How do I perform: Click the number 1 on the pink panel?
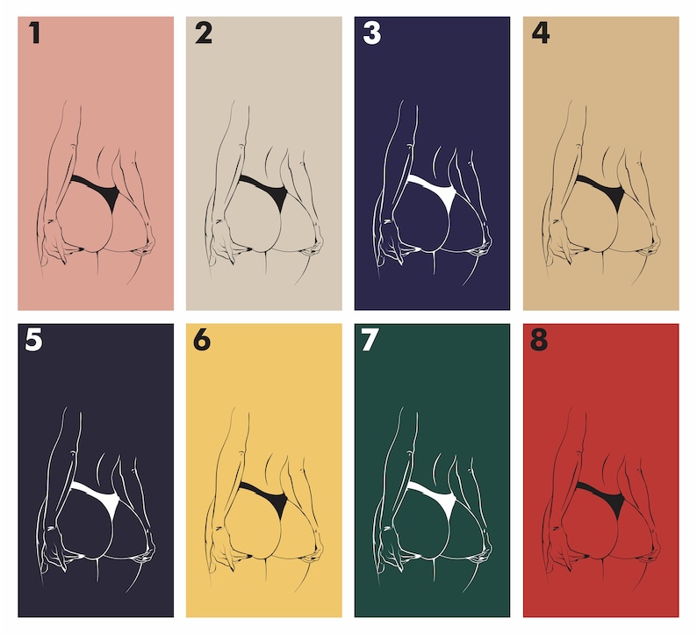pos(34,32)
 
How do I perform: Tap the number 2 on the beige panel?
pos(204,32)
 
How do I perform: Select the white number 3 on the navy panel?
pos(372,32)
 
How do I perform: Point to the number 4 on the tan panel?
pos(541,32)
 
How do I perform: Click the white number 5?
pos(33,340)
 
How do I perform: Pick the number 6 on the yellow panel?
pos(202,340)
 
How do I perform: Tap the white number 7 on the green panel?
pos(370,340)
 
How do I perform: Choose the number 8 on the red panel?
pos(539,340)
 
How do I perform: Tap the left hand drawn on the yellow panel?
pos(224,549)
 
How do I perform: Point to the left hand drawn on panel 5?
pos(55,549)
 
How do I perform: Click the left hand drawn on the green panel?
pos(392,549)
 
